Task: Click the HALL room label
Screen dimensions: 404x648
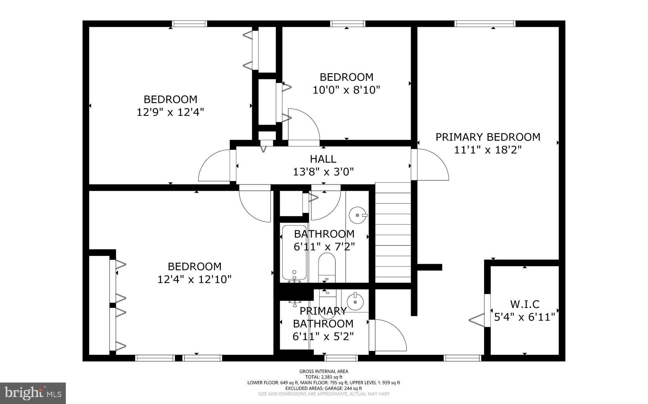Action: coord(323,159)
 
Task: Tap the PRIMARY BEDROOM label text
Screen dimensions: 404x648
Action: coord(488,137)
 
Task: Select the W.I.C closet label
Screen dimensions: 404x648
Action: coord(525,304)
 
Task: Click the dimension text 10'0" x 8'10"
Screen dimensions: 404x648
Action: coord(346,90)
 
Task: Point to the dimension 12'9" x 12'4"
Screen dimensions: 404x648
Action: coord(170,112)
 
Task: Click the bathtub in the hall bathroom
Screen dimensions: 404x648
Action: coord(294,253)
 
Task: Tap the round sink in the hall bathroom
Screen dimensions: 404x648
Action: coord(358,215)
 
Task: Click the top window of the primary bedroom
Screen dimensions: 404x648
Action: coord(485,24)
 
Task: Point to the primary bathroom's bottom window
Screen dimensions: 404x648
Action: coord(341,358)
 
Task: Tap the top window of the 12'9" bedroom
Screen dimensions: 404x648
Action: coord(190,24)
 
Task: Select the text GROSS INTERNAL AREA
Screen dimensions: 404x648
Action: coord(324,371)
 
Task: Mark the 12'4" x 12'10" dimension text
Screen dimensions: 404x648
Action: coord(194,279)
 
